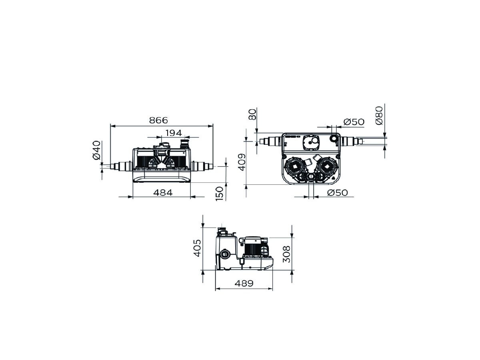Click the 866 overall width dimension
pyautogui.click(x=158, y=120)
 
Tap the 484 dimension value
pyautogui.click(x=163, y=192)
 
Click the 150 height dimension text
pyautogui.click(x=220, y=194)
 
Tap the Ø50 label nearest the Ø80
pyautogui.click(x=354, y=122)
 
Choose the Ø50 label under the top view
pyautogui.click(x=337, y=193)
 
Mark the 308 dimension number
pyautogui.click(x=286, y=254)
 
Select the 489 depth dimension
pyautogui.click(x=244, y=283)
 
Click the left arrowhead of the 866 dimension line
pyautogui.click(x=112, y=126)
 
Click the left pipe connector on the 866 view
pyautogui.click(x=121, y=166)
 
